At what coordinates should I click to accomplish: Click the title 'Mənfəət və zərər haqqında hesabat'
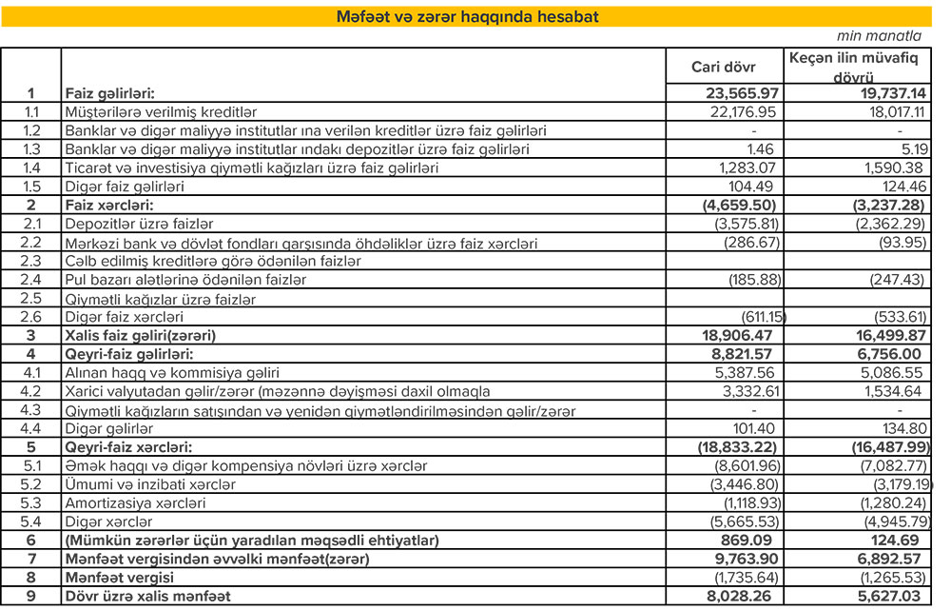pyautogui.click(x=467, y=16)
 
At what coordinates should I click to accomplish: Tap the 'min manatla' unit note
pyautogui.click(x=880, y=37)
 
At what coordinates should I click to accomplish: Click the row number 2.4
pyautogui.click(x=31, y=280)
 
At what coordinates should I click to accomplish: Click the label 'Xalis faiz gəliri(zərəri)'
pyautogui.click(x=140, y=336)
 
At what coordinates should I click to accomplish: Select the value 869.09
pyautogui.click(x=752, y=540)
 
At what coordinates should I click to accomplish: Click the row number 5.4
pyautogui.click(x=31, y=521)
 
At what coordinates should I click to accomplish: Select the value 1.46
pyautogui.click(x=762, y=149)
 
